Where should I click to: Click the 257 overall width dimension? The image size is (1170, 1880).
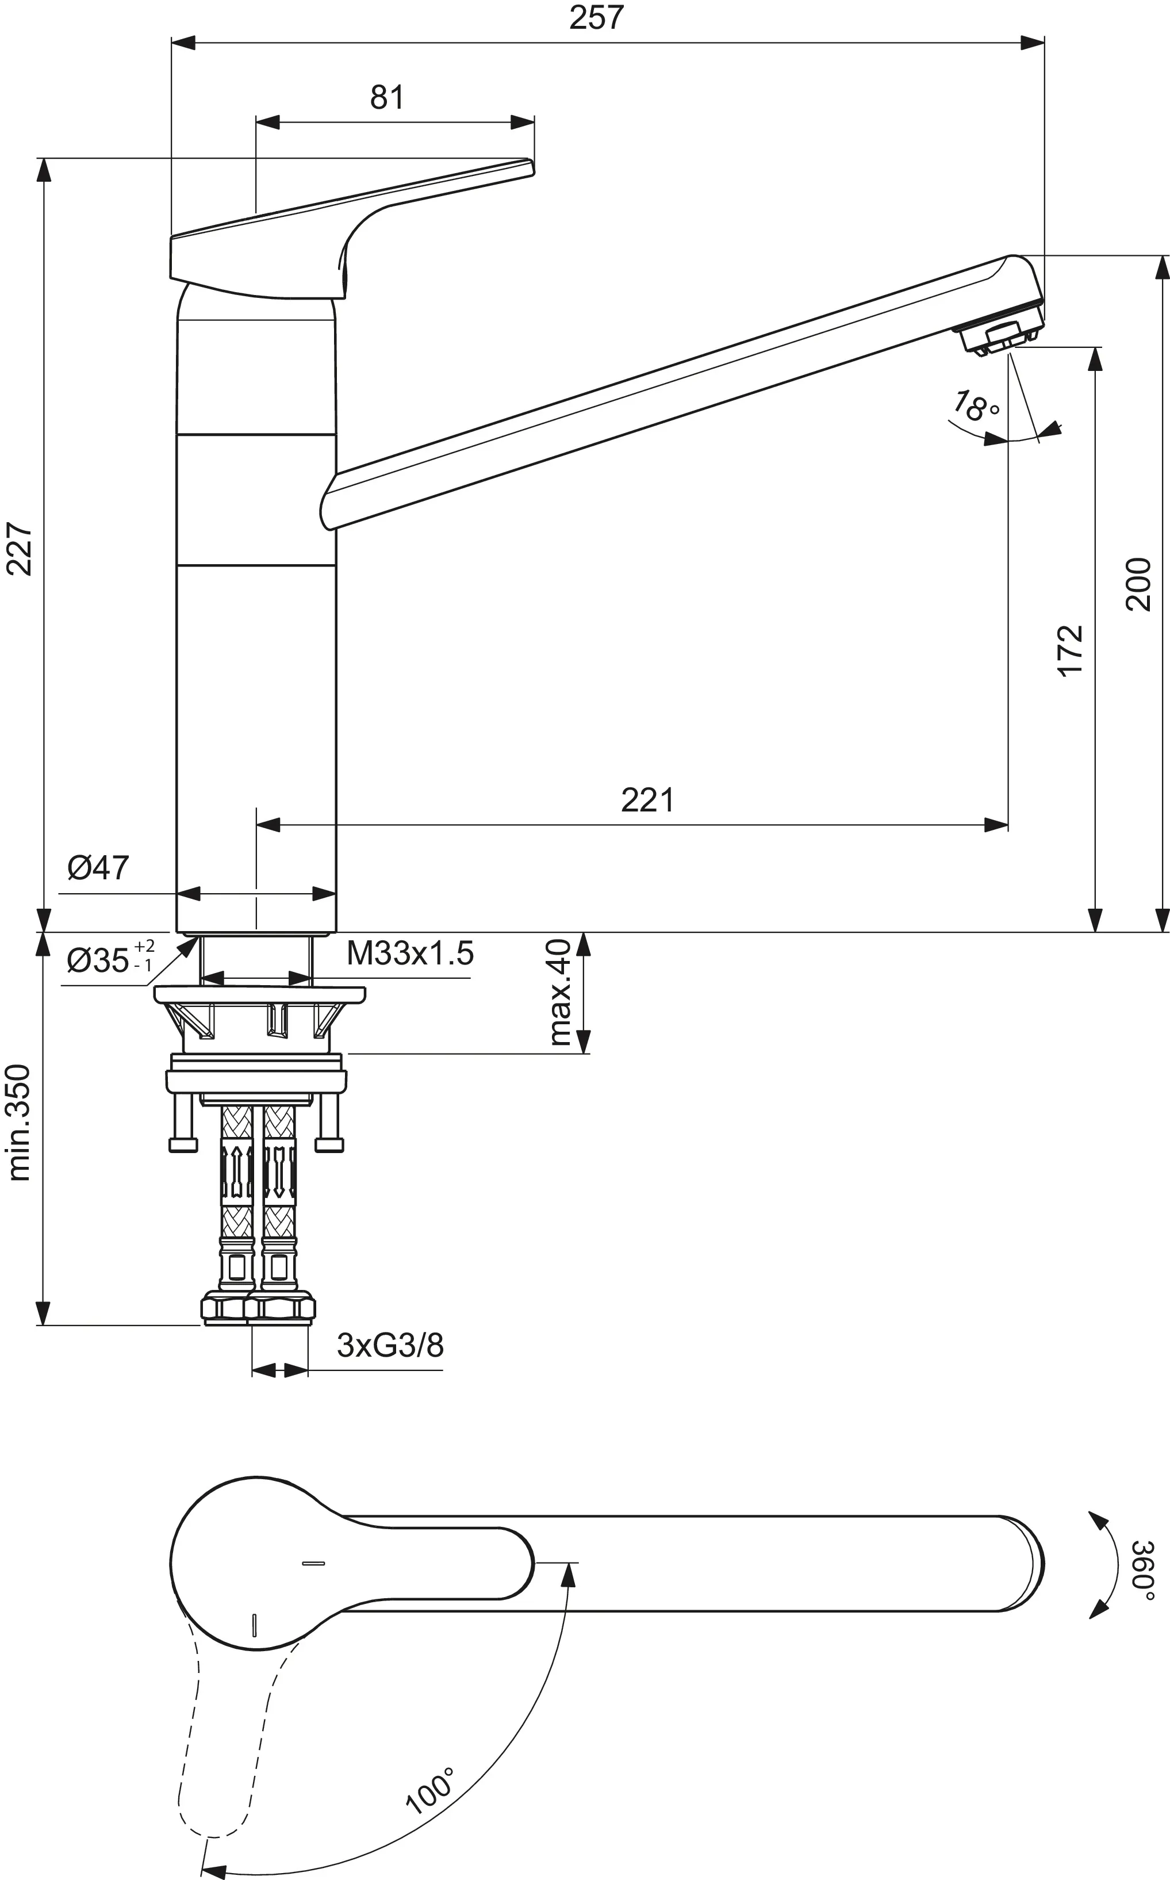coord(596,18)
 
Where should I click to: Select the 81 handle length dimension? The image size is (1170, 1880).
coord(386,98)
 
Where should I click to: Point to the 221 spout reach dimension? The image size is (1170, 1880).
coord(647,801)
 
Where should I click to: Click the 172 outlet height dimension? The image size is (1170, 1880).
coord(1071,651)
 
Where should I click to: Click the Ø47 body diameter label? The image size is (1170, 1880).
coord(98,868)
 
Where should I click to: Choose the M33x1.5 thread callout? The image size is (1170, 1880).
coord(409,954)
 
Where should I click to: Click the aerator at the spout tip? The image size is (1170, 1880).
coord(1000,338)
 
